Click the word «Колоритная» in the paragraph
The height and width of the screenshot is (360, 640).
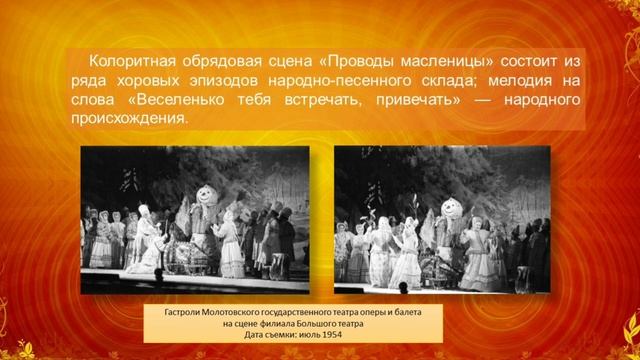click(135, 61)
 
